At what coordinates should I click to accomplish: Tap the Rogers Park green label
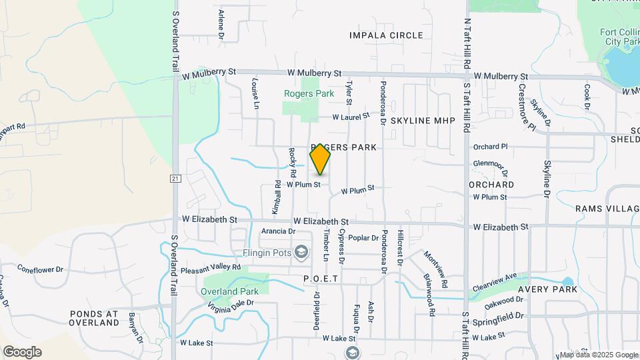(309, 94)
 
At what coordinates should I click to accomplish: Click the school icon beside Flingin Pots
(301, 251)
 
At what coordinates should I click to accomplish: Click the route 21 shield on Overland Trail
(175, 178)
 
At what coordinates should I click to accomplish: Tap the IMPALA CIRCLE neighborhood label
(386, 35)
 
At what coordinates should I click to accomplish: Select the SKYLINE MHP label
(422, 121)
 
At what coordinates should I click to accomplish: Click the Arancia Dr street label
(278, 231)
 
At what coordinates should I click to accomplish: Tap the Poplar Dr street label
(363, 237)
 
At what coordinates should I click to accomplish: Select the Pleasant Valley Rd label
(211, 269)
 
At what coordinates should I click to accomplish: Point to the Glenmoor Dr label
(491, 163)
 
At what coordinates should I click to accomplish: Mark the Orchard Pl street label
(490, 147)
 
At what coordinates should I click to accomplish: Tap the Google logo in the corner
(22, 352)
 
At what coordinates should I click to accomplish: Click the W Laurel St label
(351, 117)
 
